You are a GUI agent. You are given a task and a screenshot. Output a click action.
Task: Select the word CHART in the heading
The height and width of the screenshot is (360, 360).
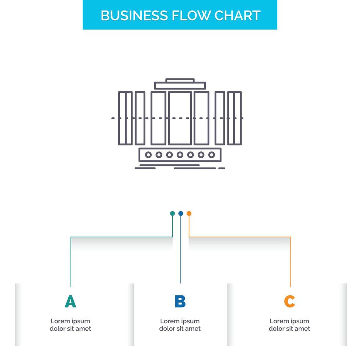(x=238, y=15)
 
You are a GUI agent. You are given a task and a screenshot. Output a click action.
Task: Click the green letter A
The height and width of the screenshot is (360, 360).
(x=70, y=301)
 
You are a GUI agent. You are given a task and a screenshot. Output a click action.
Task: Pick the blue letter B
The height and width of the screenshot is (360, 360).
(x=180, y=301)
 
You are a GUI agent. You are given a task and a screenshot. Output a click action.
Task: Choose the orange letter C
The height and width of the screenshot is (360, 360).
(x=289, y=301)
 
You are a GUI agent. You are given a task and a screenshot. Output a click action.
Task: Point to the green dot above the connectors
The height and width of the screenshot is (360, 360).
(x=172, y=213)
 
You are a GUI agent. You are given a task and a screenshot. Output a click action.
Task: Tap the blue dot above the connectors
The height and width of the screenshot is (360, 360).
(x=180, y=213)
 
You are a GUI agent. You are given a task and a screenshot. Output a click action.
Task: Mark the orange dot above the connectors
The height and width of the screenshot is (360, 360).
(x=189, y=213)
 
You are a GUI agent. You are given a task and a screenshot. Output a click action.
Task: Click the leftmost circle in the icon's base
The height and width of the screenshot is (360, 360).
(x=148, y=155)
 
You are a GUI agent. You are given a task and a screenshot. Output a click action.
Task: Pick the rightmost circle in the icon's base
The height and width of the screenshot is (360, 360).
(x=212, y=155)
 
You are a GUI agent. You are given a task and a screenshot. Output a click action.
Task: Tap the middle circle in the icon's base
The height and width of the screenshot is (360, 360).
(x=180, y=155)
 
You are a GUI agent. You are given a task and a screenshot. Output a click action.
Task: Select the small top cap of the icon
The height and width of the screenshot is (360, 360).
(x=180, y=80)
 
